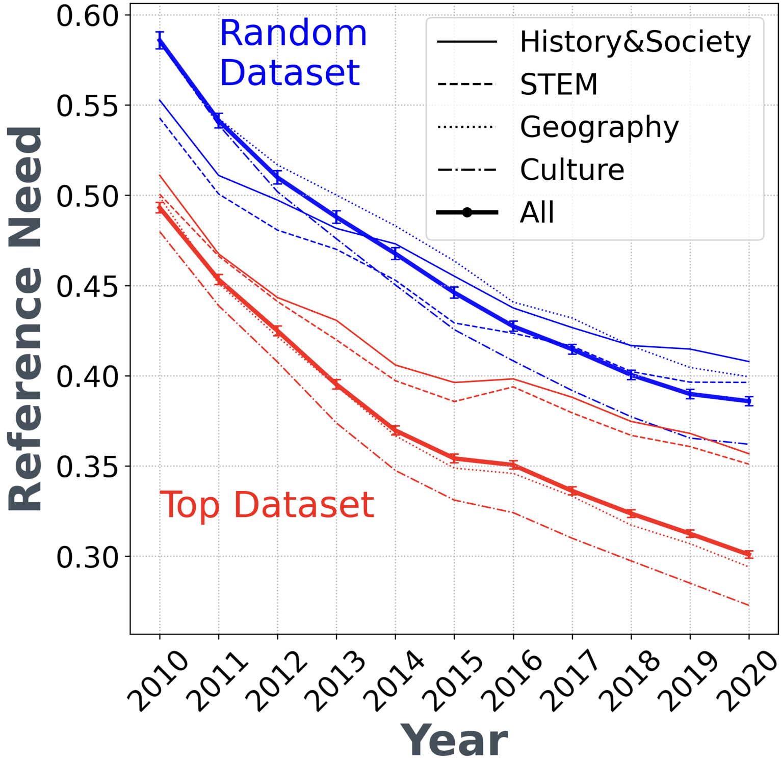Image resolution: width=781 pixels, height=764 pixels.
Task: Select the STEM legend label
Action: click(x=559, y=84)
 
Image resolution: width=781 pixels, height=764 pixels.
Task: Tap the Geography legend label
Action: click(x=599, y=127)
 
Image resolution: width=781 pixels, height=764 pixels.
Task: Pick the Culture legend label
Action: click(x=572, y=170)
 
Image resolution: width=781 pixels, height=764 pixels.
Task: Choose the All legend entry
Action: click(x=537, y=212)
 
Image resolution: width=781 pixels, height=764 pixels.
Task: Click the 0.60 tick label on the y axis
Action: click(x=87, y=16)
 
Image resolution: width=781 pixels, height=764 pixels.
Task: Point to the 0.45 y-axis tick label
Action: click(x=87, y=286)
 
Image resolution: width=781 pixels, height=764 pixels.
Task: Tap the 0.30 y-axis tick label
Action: click(x=87, y=557)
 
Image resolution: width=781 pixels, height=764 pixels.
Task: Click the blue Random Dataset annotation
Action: click(x=293, y=52)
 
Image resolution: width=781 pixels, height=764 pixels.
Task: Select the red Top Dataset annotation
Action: click(x=267, y=505)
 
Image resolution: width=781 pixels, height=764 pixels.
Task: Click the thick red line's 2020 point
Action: click(x=748, y=555)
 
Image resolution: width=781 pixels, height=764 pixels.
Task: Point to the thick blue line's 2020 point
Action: click(x=748, y=401)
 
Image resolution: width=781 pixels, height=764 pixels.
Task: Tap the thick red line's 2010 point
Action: click(x=160, y=208)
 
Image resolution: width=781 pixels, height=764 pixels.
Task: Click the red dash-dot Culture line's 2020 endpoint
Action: click(x=748, y=606)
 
